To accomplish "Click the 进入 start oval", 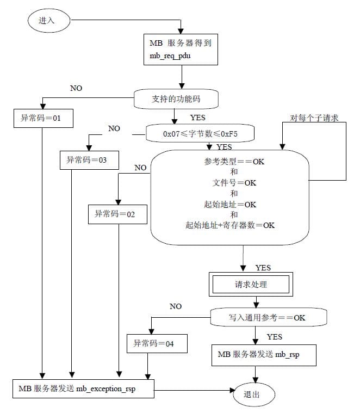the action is tap(49, 21).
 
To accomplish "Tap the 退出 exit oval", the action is tap(254, 394).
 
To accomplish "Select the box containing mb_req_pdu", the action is tap(181, 50).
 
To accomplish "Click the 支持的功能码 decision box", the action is tap(176, 99).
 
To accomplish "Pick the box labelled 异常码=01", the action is tap(44, 118).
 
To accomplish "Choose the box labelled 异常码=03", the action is tap(89, 160).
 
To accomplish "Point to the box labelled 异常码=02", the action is tap(117, 214).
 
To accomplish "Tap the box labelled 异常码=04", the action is tap(157, 343).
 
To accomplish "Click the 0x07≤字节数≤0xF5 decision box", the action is tap(200, 133).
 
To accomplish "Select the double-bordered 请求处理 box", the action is tap(251, 284).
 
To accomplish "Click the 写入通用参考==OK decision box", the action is tap(269, 317).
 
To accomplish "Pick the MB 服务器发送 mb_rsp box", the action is tap(264, 355).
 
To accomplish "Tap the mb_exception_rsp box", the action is tap(83, 389).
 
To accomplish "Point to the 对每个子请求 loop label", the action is tap(314, 118).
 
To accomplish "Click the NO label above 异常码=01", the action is tap(76, 88).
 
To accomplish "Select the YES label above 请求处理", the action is tap(263, 268).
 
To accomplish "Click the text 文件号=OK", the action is tap(234, 182).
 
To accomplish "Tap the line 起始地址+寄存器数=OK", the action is tap(230, 225).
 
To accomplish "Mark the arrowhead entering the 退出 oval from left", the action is tap(232, 390).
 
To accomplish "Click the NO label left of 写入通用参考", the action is tap(176, 306).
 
